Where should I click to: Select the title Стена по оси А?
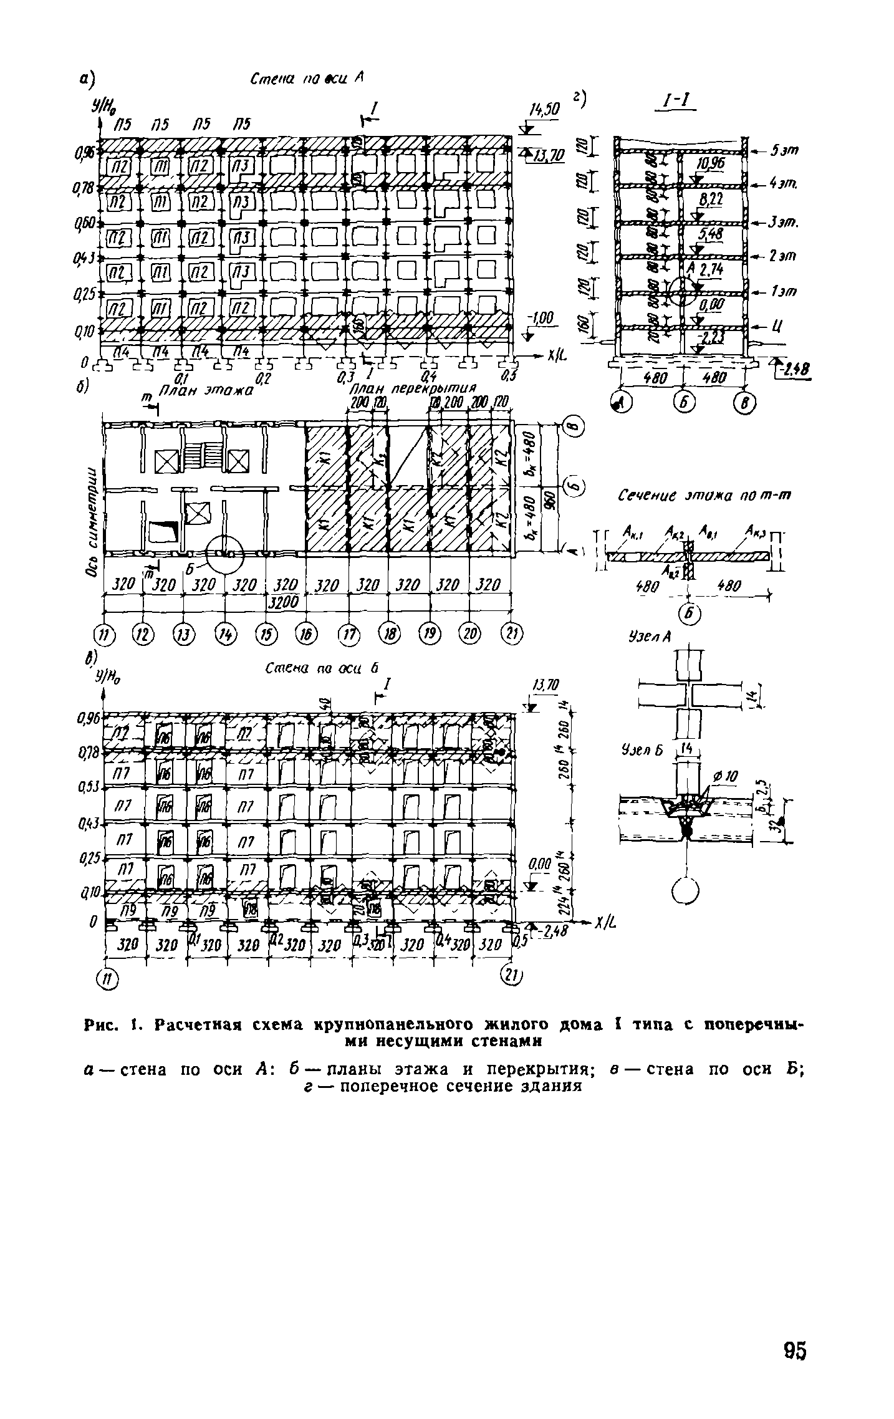point(306,79)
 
